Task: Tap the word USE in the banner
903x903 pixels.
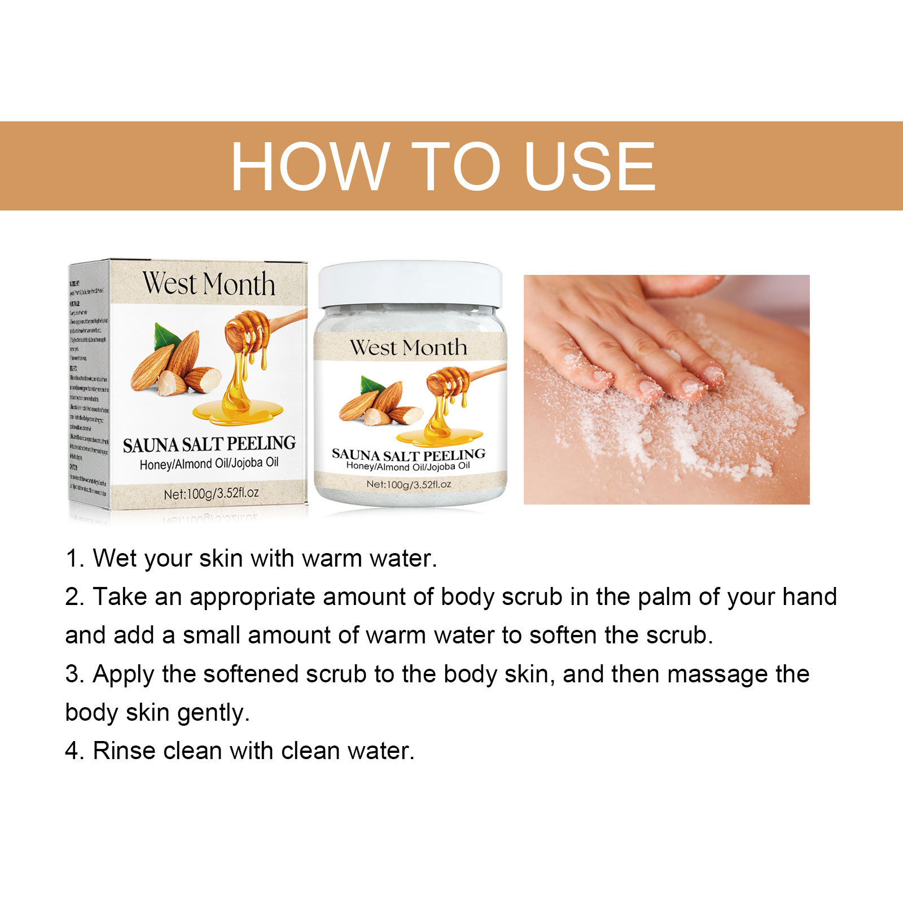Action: click(589, 166)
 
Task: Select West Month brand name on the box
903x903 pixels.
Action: click(208, 284)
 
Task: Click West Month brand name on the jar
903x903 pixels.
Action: click(408, 348)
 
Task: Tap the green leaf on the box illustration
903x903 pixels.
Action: click(166, 336)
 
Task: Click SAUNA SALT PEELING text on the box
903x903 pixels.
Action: click(209, 444)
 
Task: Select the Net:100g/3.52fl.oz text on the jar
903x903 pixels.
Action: click(408, 484)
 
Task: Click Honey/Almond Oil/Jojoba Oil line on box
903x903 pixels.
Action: click(209, 464)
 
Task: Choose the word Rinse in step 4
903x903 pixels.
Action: click(125, 751)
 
